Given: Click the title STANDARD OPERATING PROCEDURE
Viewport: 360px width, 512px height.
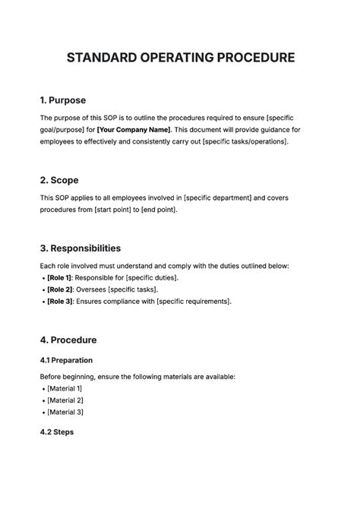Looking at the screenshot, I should point(180,58).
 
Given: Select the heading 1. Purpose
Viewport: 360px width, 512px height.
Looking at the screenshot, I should point(62,100).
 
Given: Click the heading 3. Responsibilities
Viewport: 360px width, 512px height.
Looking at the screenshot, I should point(80,248).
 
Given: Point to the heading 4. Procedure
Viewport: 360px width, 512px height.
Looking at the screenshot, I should point(68,340).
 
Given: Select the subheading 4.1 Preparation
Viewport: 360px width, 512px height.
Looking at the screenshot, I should point(66,360).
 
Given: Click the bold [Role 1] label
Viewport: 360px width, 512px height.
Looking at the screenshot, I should point(60,278).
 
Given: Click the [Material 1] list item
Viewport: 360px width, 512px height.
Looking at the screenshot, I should point(65,388).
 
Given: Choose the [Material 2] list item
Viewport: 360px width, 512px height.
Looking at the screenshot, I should point(65,400).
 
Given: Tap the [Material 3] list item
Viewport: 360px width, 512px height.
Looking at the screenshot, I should point(65,412).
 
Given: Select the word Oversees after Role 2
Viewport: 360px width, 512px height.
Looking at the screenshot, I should point(93,289).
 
